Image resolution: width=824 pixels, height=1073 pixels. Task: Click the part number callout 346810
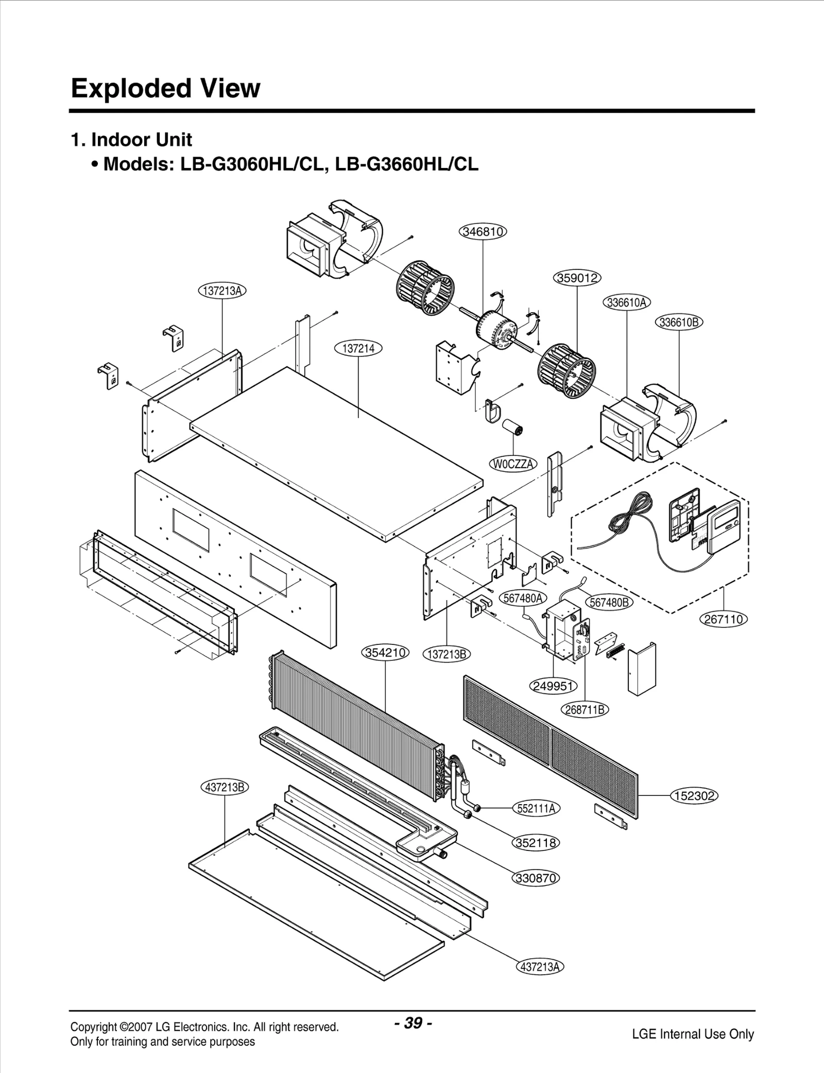pyautogui.click(x=483, y=232)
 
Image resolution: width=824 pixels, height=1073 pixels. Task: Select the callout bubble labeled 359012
pyautogui.click(x=577, y=278)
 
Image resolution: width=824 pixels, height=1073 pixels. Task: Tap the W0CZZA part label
pyautogui.click(x=512, y=464)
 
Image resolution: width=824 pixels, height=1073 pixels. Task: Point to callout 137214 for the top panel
pyautogui.click(x=358, y=349)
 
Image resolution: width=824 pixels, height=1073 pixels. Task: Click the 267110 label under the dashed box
pyautogui.click(x=724, y=619)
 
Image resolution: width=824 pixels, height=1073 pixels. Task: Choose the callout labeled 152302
pyautogui.click(x=694, y=796)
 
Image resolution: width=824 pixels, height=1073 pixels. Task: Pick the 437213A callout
pyautogui.click(x=539, y=967)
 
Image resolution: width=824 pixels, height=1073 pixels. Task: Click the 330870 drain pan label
pyautogui.click(x=536, y=878)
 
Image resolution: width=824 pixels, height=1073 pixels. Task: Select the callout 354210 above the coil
pyautogui.click(x=386, y=653)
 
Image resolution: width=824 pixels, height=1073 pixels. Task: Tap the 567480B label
pyautogui.click(x=609, y=602)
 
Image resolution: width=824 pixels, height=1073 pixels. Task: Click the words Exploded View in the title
pyautogui.click(x=165, y=88)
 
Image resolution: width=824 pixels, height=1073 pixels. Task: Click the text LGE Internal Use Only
pyautogui.click(x=693, y=1034)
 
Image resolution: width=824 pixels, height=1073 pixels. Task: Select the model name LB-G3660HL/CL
pyautogui.click(x=406, y=164)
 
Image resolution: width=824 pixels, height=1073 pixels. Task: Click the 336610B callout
pyautogui.click(x=679, y=322)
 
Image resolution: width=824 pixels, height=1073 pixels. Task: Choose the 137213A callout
pyautogui.click(x=222, y=291)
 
